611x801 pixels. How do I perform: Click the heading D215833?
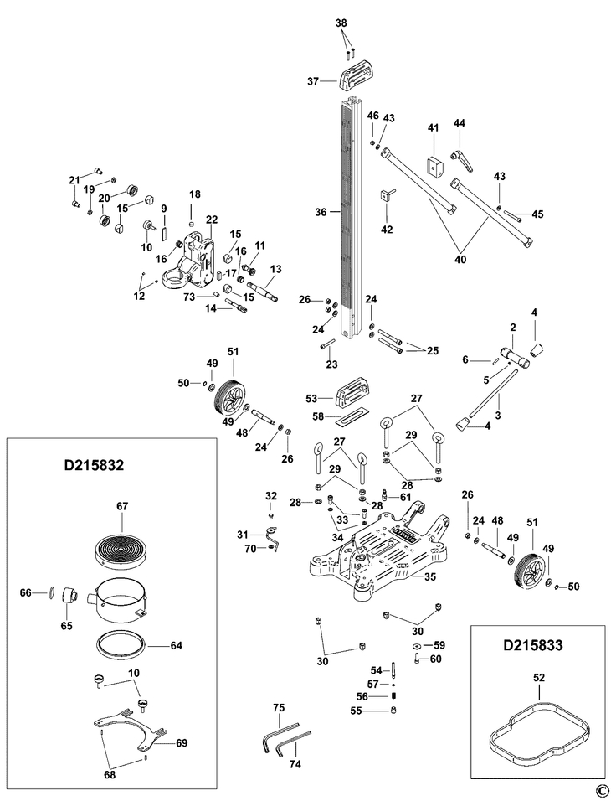(533, 647)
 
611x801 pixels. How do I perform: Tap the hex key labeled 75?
(272, 739)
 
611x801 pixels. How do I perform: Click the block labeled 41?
(434, 165)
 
